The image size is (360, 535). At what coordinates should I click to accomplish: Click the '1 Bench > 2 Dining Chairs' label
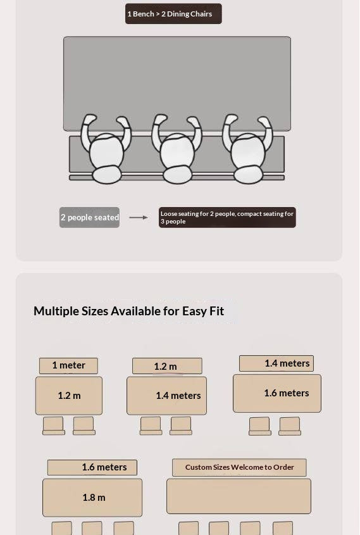pyautogui.click(x=173, y=14)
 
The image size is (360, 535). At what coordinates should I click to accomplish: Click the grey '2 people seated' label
pyautogui.click(x=90, y=217)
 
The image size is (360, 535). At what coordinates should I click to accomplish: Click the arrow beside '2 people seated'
pyautogui.click(x=139, y=217)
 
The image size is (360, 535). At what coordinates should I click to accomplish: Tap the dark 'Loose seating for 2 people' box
pyautogui.click(x=227, y=217)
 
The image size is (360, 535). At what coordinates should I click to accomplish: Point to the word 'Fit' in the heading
pyautogui.click(x=217, y=311)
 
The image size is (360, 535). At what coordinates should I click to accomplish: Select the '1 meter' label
pyautogui.click(x=68, y=365)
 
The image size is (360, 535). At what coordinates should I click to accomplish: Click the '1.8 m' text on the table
pyautogui.click(x=94, y=498)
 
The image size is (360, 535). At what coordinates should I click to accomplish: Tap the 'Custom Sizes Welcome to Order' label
pyautogui.click(x=239, y=467)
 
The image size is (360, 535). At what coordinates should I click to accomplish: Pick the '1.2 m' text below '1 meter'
pyautogui.click(x=69, y=396)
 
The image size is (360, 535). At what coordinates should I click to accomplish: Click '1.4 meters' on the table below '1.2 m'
pyautogui.click(x=178, y=396)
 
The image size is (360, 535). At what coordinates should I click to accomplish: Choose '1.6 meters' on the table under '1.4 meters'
pyautogui.click(x=287, y=393)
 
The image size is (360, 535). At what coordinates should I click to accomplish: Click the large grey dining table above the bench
pyautogui.click(x=177, y=79)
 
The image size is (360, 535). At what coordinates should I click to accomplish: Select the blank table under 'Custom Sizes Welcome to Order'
pyautogui.click(x=239, y=496)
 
